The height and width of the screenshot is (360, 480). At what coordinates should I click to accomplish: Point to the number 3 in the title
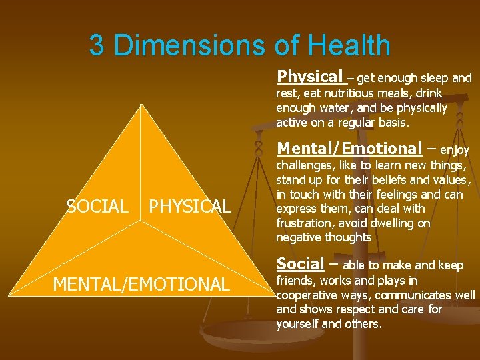(x=97, y=45)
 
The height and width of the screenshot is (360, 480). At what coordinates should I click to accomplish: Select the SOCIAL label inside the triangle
(x=97, y=207)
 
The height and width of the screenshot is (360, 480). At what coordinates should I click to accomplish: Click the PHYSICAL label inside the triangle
(x=189, y=207)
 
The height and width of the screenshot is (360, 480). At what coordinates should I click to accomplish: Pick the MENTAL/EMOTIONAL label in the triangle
(x=141, y=285)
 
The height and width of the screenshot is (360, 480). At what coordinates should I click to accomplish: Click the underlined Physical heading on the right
(x=311, y=76)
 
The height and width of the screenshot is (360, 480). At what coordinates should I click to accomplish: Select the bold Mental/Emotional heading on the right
(x=349, y=148)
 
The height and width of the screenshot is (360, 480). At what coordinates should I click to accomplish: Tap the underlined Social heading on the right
(x=300, y=263)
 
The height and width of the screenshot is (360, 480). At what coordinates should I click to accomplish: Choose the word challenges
(x=307, y=165)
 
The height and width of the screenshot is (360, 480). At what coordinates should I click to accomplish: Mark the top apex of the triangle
(x=141, y=104)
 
